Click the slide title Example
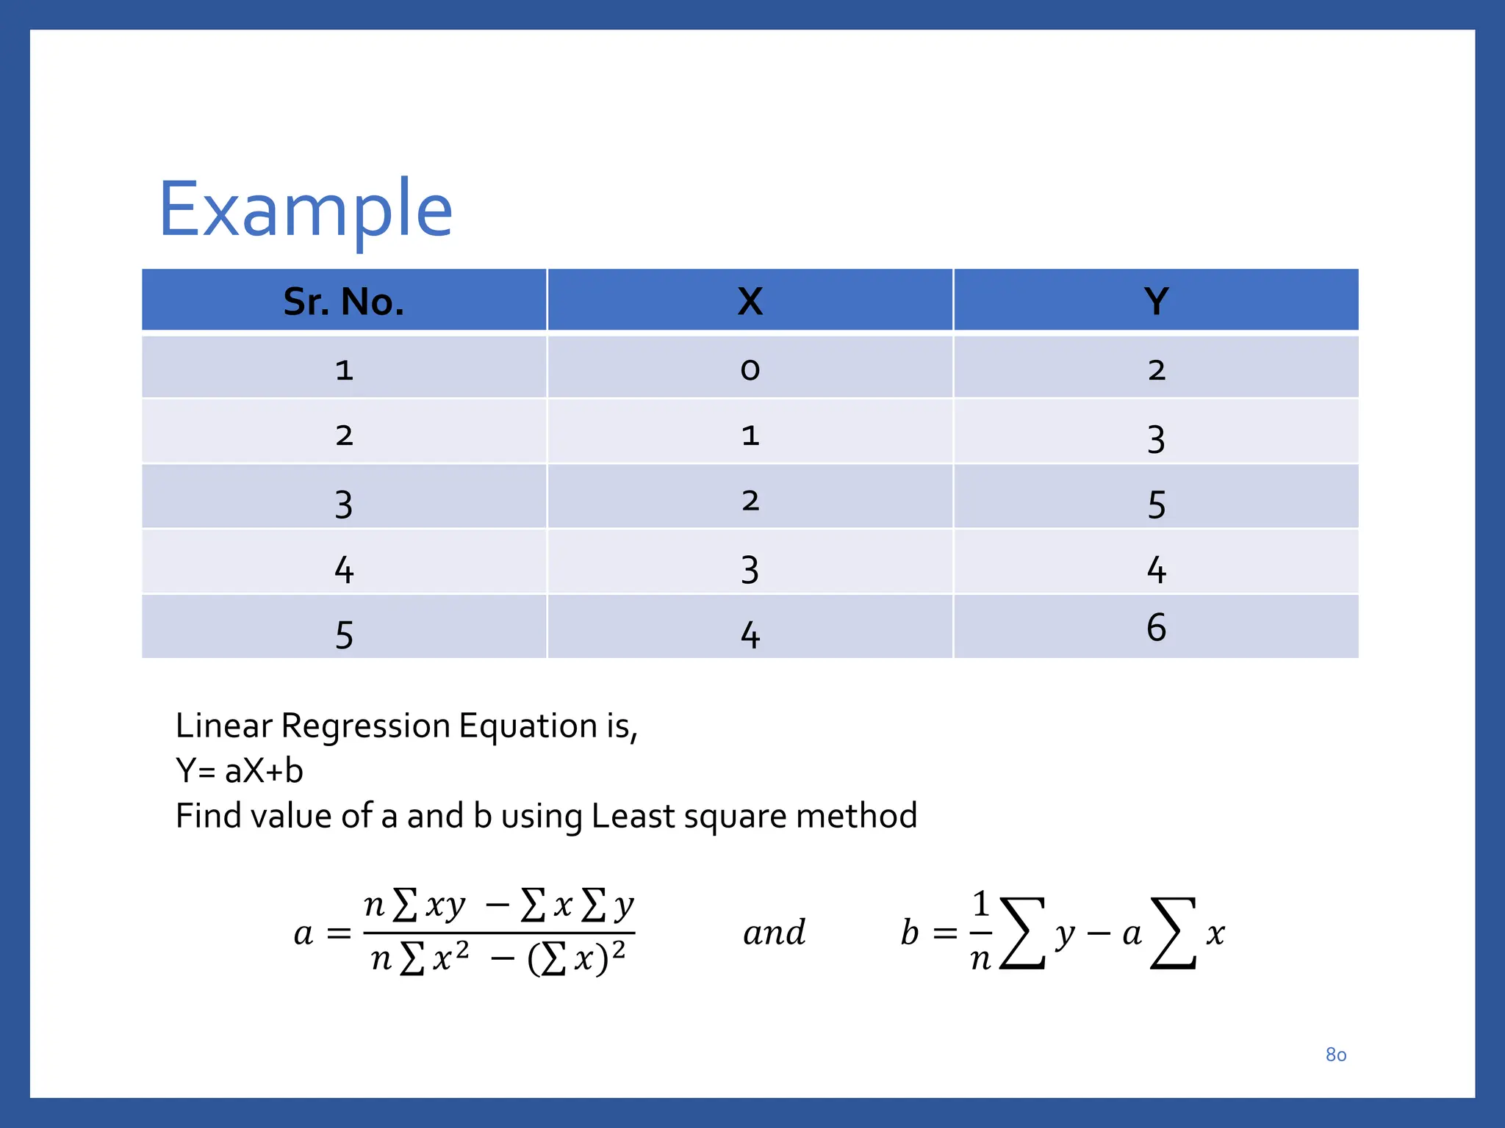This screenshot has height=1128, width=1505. tap(305, 211)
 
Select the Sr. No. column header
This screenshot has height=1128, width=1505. tap(344, 301)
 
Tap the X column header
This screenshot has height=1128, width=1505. tap(750, 301)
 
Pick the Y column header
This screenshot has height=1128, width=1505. tap(1156, 301)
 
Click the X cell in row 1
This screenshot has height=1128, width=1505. tap(750, 369)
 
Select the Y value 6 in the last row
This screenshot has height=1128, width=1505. tap(1156, 628)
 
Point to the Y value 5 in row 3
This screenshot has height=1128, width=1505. tap(1156, 505)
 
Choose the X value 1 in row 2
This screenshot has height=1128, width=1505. tap(750, 435)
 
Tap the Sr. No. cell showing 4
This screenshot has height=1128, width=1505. tap(344, 570)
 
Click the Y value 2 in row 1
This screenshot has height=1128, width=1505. tap(1156, 369)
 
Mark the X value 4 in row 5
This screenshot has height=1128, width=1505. tap(750, 635)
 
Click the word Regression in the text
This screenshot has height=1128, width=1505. tap(365, 726)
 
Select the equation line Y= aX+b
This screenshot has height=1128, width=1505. tap(240, 771)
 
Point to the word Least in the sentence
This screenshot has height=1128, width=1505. tap(633, 816)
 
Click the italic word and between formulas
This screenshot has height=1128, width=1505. tap(774, 933)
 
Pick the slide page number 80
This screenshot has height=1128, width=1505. tap(1335, 1055)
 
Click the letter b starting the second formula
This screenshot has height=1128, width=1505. tap(910, 933)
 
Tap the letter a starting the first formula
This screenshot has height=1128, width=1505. tap(303, 934)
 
